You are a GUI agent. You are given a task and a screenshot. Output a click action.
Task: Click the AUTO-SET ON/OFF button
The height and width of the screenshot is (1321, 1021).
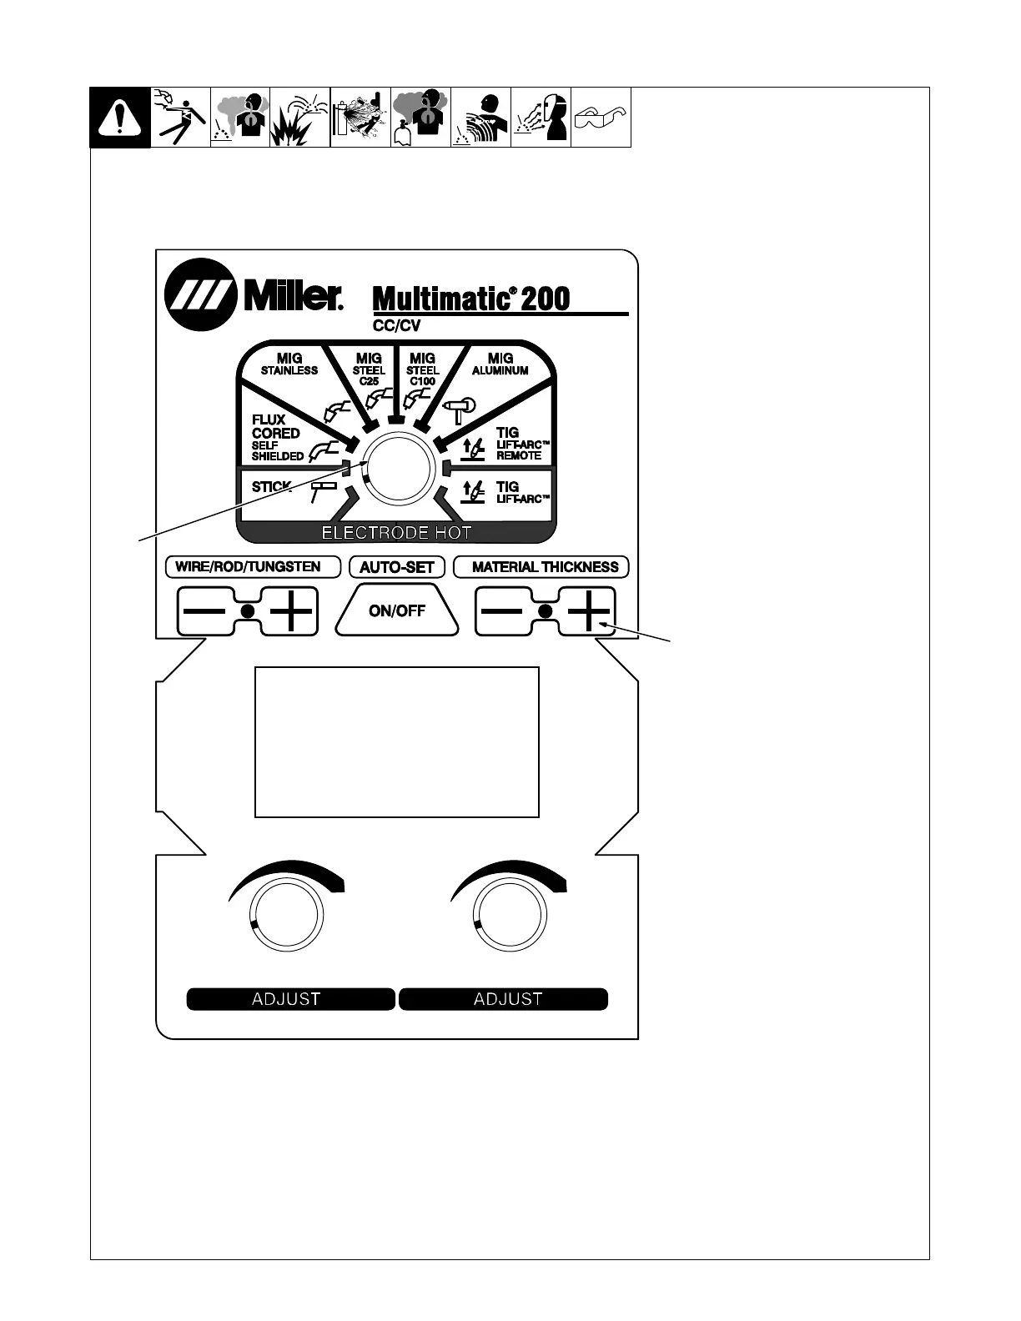point(397,610)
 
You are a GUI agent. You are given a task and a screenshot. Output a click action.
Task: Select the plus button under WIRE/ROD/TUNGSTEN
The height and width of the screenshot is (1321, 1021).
point(291,611)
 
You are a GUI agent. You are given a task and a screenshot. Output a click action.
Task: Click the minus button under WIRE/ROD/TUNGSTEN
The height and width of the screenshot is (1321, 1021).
point(204,611)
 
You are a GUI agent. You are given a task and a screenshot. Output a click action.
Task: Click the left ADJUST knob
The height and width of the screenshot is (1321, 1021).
point(286,915)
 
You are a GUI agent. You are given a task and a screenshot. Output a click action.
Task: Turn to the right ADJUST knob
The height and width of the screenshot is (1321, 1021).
point(508,915)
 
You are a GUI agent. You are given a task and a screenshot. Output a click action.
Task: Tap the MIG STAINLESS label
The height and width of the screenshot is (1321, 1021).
point(289,364)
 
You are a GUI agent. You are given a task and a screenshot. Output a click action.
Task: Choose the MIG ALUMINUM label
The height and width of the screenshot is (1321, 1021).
point(500,364)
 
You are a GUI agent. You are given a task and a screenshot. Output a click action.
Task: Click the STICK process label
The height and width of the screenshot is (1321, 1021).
point(271,487)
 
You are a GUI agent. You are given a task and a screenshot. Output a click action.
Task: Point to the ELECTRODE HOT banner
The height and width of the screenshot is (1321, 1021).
point(396,533)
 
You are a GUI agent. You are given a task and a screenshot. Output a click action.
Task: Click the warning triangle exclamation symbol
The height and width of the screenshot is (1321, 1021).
point(120,118)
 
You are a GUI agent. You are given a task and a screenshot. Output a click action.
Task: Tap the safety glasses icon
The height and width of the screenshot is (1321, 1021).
point(601,118)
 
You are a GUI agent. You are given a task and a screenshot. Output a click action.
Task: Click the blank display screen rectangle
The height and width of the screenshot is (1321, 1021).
point(396,741)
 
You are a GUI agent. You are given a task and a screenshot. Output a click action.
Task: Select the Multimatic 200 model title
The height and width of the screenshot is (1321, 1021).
point(471,298)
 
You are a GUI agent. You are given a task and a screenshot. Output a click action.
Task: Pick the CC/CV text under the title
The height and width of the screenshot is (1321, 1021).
point(397,326)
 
